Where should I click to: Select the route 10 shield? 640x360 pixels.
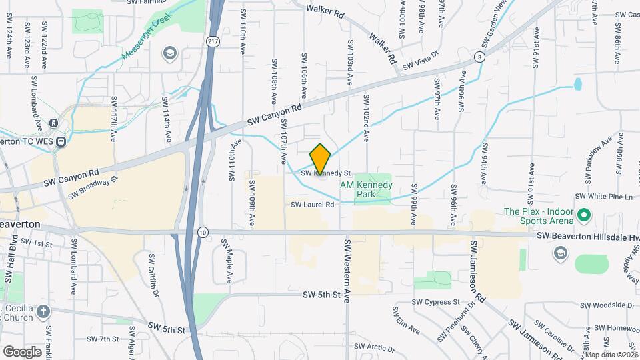[x=203, y=232]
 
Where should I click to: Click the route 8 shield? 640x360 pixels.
[x=480, y=58]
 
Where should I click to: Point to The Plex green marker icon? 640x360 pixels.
[x=585, y=215]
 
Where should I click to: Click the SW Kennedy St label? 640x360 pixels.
[x=325, y=173]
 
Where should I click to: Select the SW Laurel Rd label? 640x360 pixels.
[x=312, y=205]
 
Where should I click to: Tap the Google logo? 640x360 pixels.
[x=22, y=351]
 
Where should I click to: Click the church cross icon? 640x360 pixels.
[x=43, y=311]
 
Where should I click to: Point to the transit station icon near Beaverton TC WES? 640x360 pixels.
[x=61, y=141]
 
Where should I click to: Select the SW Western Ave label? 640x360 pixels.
[x=347, y=271]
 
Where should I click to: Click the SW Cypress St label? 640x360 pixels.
[x=435, y=302]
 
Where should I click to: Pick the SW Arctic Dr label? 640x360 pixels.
[x=375, y=347]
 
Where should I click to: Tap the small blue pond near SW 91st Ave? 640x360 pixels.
[x=577, y=84]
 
